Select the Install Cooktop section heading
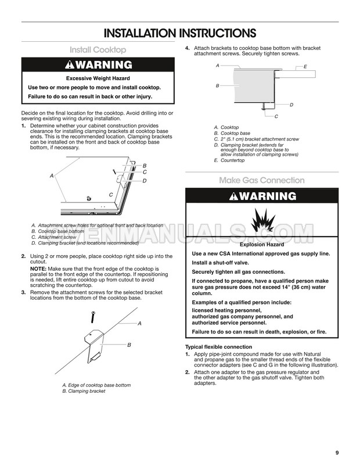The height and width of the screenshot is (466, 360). point(98,50)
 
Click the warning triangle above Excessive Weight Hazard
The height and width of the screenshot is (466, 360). point(71,64)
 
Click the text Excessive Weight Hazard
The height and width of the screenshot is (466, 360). point(98,78)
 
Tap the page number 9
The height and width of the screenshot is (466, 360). point(337,453)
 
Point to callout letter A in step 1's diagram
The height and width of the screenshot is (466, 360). point(52,175)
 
